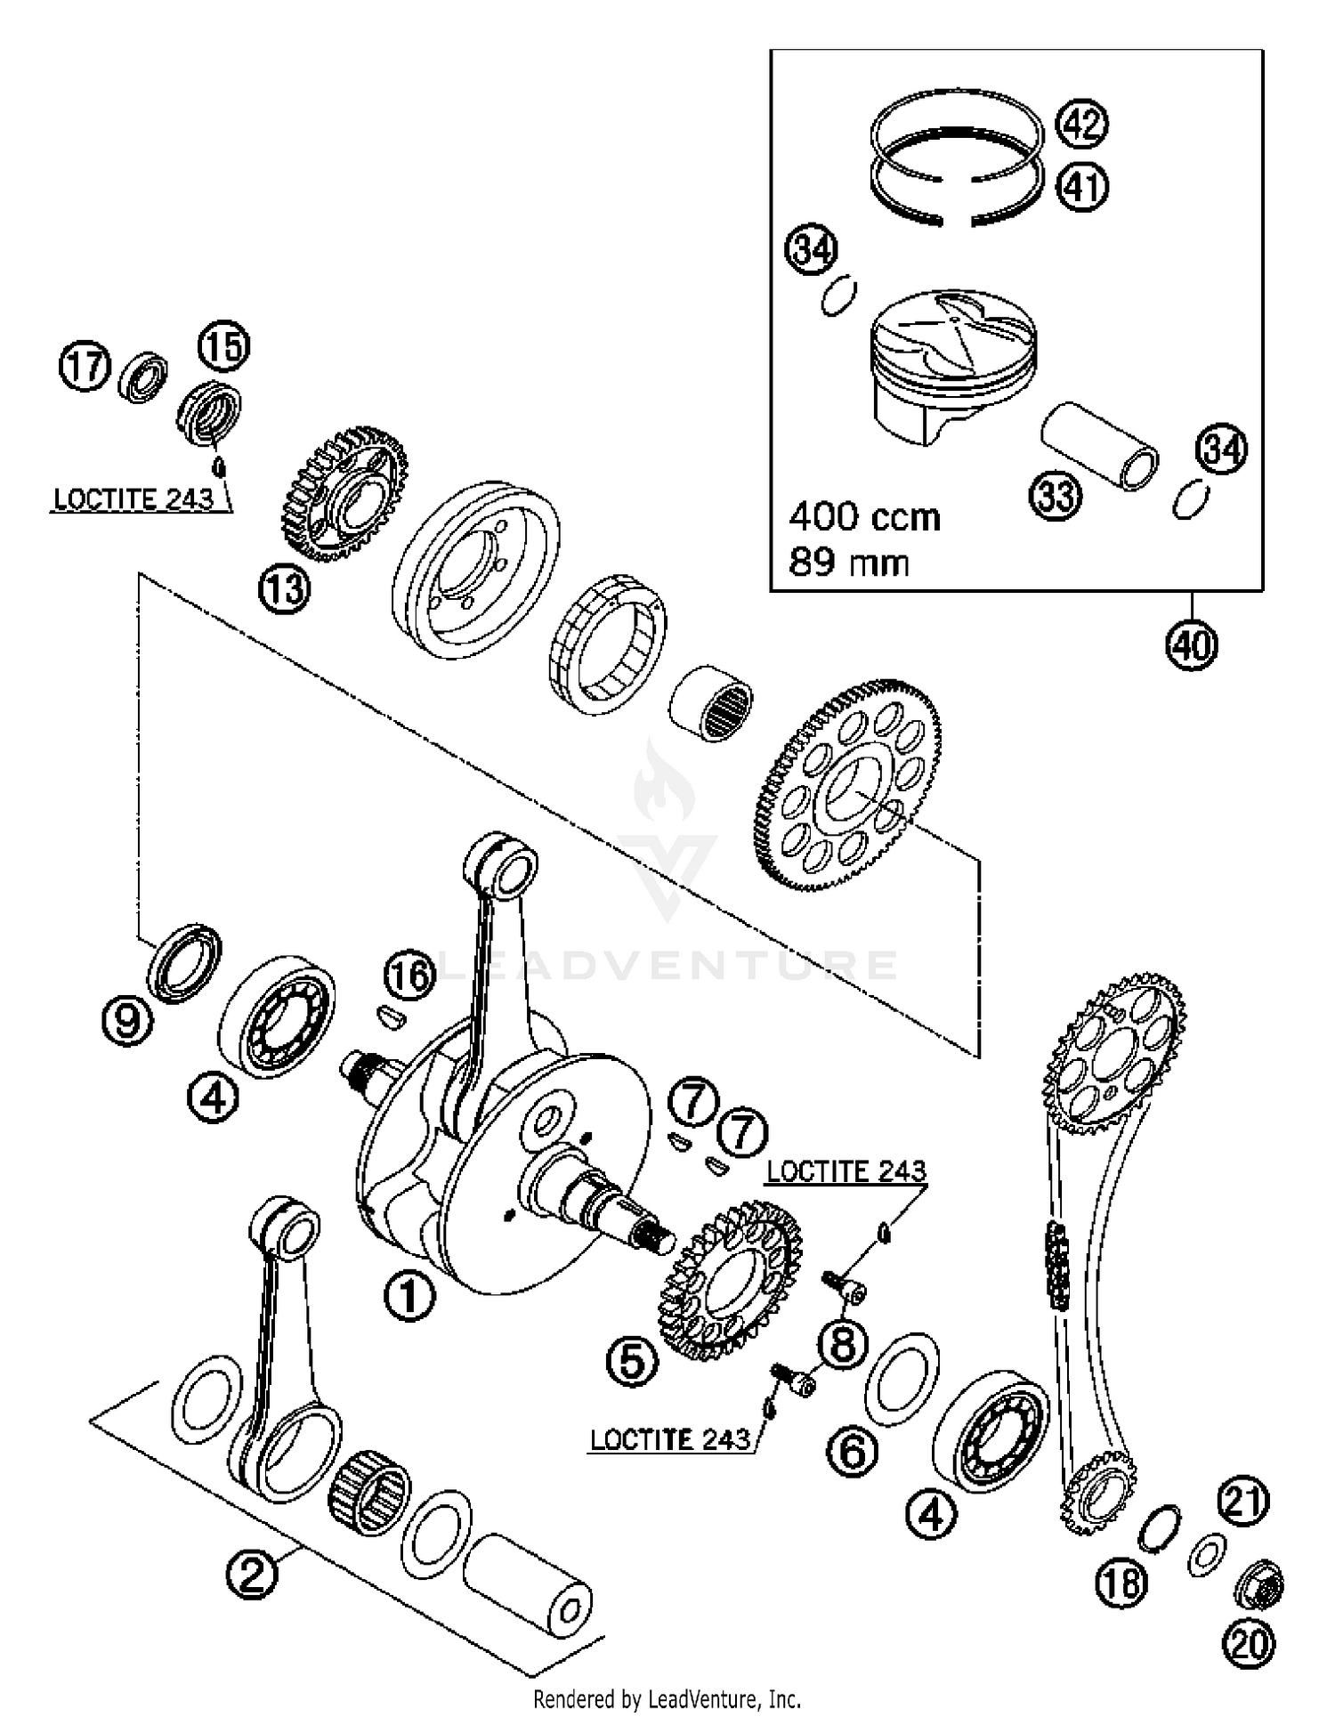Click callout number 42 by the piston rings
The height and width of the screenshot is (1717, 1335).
[1081, 125]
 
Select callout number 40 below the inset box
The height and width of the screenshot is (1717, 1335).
[1192, 643]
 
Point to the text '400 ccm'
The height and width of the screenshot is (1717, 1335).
[864, 517]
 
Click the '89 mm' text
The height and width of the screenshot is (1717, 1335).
[848, 563]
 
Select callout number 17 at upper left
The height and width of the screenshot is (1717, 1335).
[85, 367]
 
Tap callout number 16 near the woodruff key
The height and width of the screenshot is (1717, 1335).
[410, 976]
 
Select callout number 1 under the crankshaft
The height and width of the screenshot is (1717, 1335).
[409, 1296]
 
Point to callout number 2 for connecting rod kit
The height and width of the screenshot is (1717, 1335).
[252, 1575]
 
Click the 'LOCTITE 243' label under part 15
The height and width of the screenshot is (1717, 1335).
[133, 499]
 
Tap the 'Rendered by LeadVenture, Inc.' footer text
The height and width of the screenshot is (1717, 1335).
[667, 1698]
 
